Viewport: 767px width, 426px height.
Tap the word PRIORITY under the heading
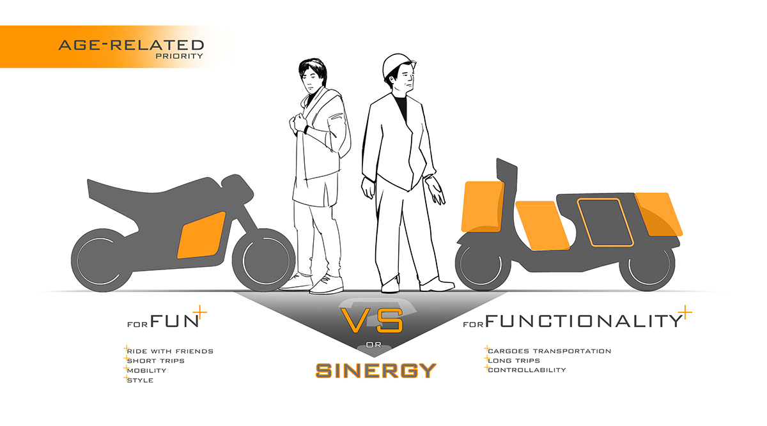tap(179, 56)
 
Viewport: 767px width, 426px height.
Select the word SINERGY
tap(376, 369)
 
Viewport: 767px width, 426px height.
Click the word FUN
tap(174, 321)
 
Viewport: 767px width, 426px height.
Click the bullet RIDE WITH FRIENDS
tap(170, 351)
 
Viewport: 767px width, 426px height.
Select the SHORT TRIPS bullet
tap(156, 361)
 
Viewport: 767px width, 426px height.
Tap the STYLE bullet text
tap(141, 380)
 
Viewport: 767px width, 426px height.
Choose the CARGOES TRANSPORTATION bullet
tap(549, 351)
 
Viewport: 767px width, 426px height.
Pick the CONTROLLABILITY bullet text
tap(527, 370)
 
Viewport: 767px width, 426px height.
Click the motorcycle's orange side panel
tap(201, 234)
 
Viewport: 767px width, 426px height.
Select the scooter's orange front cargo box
tap(483, 207)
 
